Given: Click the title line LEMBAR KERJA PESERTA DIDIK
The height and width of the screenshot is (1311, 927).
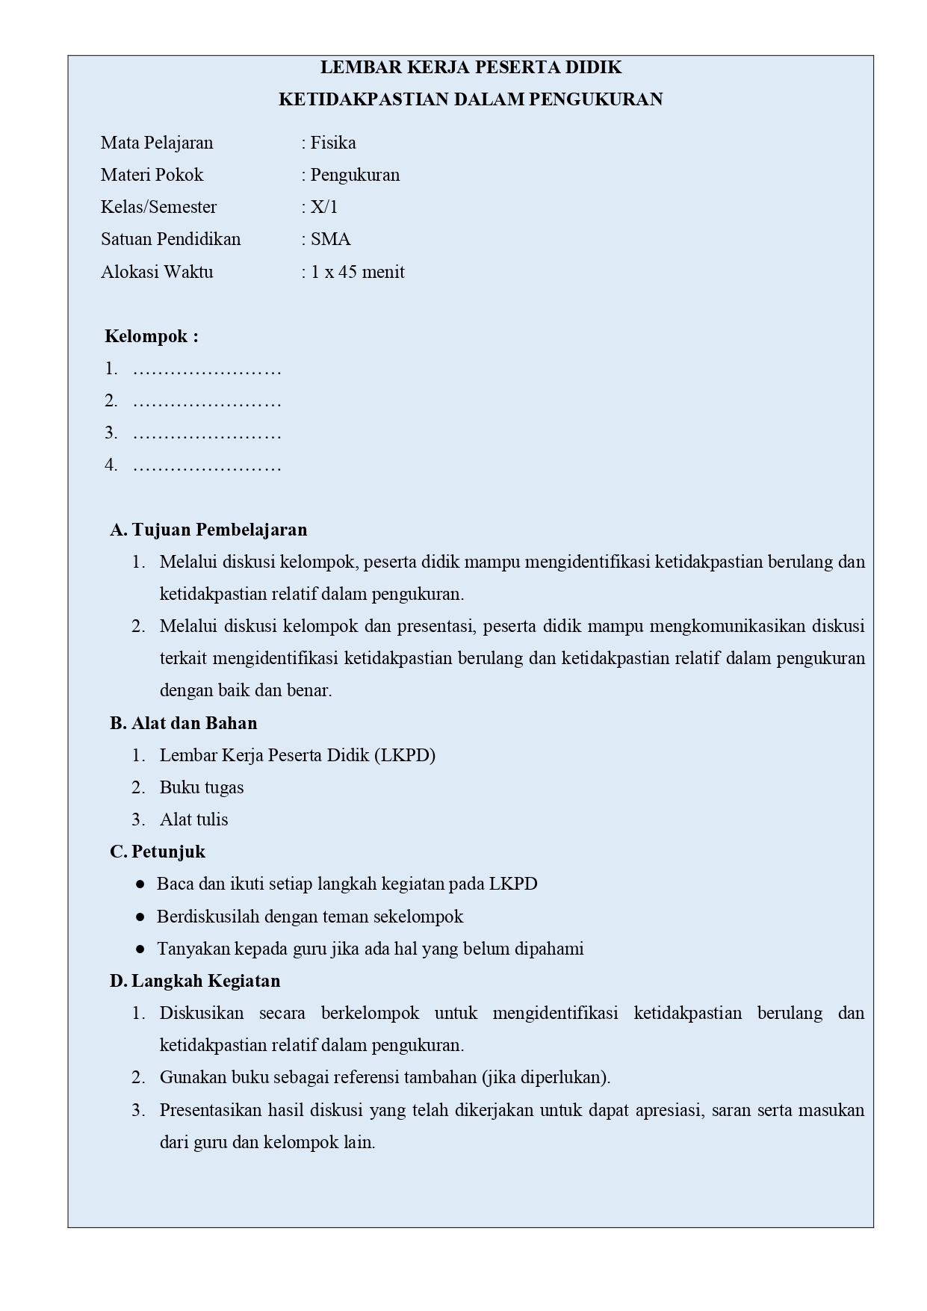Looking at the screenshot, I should (x=471, y=67).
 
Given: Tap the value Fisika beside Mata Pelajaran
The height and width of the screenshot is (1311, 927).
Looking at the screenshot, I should (x=333, y=143).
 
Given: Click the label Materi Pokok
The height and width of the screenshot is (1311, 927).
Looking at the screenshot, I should (x=152, y=175).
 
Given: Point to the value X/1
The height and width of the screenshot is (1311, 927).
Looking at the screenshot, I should (x=324, y=207).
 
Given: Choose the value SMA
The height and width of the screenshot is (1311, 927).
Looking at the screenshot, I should (x=331, y=239).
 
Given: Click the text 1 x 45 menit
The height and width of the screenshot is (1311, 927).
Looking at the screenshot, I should (x=358, y=272).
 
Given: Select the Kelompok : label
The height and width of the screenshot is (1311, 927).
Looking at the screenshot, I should (x=152, y=336).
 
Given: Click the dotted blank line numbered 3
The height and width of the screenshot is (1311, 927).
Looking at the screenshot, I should (x=207, y=434).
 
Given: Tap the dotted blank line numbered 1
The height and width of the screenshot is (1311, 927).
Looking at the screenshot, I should (x=207, y=370).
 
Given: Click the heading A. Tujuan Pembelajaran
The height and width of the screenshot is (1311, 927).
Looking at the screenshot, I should (x=208, y=530).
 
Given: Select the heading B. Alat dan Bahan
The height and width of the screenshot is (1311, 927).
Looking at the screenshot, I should (x=183, y=723).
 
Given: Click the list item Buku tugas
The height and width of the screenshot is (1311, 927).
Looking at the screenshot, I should (x=202, y=787).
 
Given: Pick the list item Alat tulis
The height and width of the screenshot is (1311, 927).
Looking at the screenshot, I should (x=193, y=819).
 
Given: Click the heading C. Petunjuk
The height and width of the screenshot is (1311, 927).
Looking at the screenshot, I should (x=158, y=852).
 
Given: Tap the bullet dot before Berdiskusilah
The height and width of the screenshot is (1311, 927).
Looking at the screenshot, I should (x=140, y=917).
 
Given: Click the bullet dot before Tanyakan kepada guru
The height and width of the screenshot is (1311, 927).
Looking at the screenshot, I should (x=140, y=949).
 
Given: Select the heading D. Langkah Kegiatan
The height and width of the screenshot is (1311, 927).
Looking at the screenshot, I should (x=195, y=981).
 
